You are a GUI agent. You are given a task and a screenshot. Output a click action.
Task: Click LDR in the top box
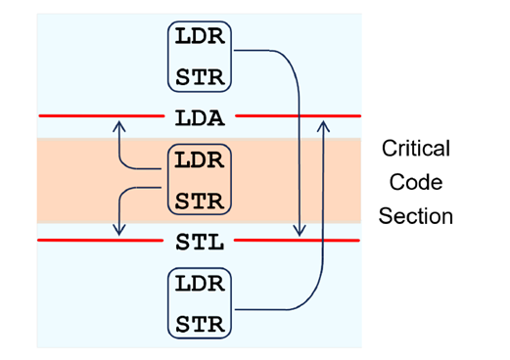[x=200, y=36]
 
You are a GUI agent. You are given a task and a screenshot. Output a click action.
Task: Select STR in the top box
[x=200, y=75]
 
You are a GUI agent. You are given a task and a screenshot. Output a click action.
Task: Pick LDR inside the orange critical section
[x=200, y=160]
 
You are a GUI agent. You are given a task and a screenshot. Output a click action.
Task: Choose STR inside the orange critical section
[x=200, y=201]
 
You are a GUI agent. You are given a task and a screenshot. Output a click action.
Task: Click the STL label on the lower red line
[x=200, y=241]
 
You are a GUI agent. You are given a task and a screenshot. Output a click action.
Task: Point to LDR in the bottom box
[x=200, y=285]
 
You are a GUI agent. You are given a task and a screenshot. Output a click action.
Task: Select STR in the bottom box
[x=200, y=323]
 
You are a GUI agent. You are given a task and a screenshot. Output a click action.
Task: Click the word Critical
[x=415, y=149]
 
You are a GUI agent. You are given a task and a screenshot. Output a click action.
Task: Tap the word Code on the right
[x=415, y=182]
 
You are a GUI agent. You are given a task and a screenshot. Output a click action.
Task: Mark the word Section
[x=415, y=216]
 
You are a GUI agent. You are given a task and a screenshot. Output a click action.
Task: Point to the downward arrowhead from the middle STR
[x=118, y=230]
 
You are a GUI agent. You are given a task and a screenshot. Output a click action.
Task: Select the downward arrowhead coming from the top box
[x=301, y=231]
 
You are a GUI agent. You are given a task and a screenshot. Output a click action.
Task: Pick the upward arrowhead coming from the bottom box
[x=323, y=125]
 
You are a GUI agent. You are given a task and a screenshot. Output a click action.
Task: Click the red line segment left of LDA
[x=98, y=116]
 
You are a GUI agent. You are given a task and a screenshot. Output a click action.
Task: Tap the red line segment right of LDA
[x=294, y=116]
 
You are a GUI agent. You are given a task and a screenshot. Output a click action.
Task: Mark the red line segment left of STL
[x=98, y=240]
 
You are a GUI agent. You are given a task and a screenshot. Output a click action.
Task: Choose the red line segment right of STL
[x=294, y=240]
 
